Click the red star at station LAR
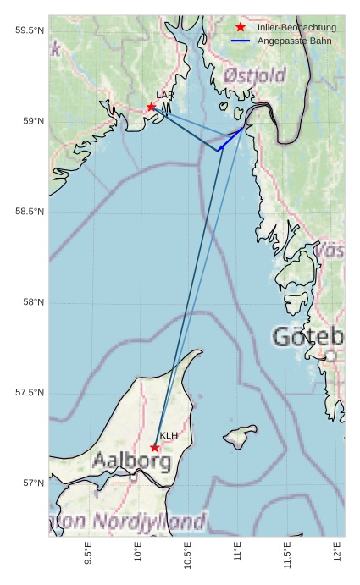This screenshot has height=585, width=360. click(x=152, y=107)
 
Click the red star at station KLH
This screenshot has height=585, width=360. click(x=155, y=447)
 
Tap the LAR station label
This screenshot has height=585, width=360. click(x=164, y=96)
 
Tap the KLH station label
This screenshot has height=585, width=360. click(x=169, y=436)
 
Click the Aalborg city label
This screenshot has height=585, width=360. click(x=131, y=462)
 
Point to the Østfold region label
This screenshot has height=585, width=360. click(x=255, y=77)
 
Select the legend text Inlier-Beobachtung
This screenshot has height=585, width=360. click(x=296, y=28)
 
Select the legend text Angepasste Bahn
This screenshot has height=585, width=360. click(x=294, y=41)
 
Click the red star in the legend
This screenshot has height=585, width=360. click(x=241, y=28)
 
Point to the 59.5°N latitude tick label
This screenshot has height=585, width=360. click(x=30, y=30)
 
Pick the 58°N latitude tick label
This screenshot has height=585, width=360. click(x=31, y=302)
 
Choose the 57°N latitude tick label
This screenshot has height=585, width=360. click(x=31, y=483)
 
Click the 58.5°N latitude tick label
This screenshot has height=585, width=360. click(x=30, y=212)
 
